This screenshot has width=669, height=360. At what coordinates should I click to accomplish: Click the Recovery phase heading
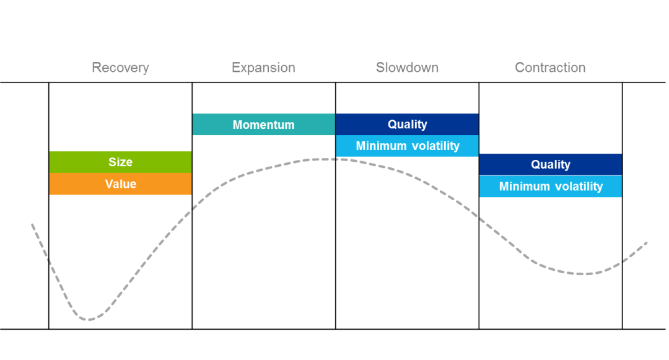[x=120, y=68]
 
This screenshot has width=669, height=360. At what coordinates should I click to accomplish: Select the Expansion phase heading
[x=263, y=68]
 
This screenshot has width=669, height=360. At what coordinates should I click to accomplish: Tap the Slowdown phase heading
[x=407, y=68]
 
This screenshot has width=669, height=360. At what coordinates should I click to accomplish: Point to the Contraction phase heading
[x=550, y=68]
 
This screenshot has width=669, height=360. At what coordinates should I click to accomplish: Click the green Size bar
[x=120, y=162]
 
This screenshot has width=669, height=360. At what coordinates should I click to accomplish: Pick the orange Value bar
[x=120, y=184]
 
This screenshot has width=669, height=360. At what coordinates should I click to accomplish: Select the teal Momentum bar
[x=264, y=125]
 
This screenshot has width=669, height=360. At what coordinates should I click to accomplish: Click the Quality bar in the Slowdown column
[x=407, y=124]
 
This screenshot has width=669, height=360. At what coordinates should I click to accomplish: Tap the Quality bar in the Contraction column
[x=551, y=165]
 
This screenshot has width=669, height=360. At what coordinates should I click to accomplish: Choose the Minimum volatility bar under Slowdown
[x=407, y=146]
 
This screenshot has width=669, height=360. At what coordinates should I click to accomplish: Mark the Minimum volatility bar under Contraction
[x=551, y=187]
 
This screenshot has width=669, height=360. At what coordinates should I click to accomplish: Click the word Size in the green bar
[x=120, y=162]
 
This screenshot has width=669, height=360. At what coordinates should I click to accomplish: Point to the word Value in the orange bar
[x=121, y=184]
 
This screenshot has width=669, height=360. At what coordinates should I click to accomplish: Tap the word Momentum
[x=264, y=125]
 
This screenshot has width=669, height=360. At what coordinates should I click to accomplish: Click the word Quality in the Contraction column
[x=551, y=165]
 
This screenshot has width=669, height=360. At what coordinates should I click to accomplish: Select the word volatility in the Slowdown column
[x=434, y=146]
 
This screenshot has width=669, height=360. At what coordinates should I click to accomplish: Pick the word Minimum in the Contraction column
[x=525, y=187]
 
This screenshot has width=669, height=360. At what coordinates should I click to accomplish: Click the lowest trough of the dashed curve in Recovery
[x=89, y=320]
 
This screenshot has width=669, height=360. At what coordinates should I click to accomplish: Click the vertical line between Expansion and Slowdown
[x=335, y=206]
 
